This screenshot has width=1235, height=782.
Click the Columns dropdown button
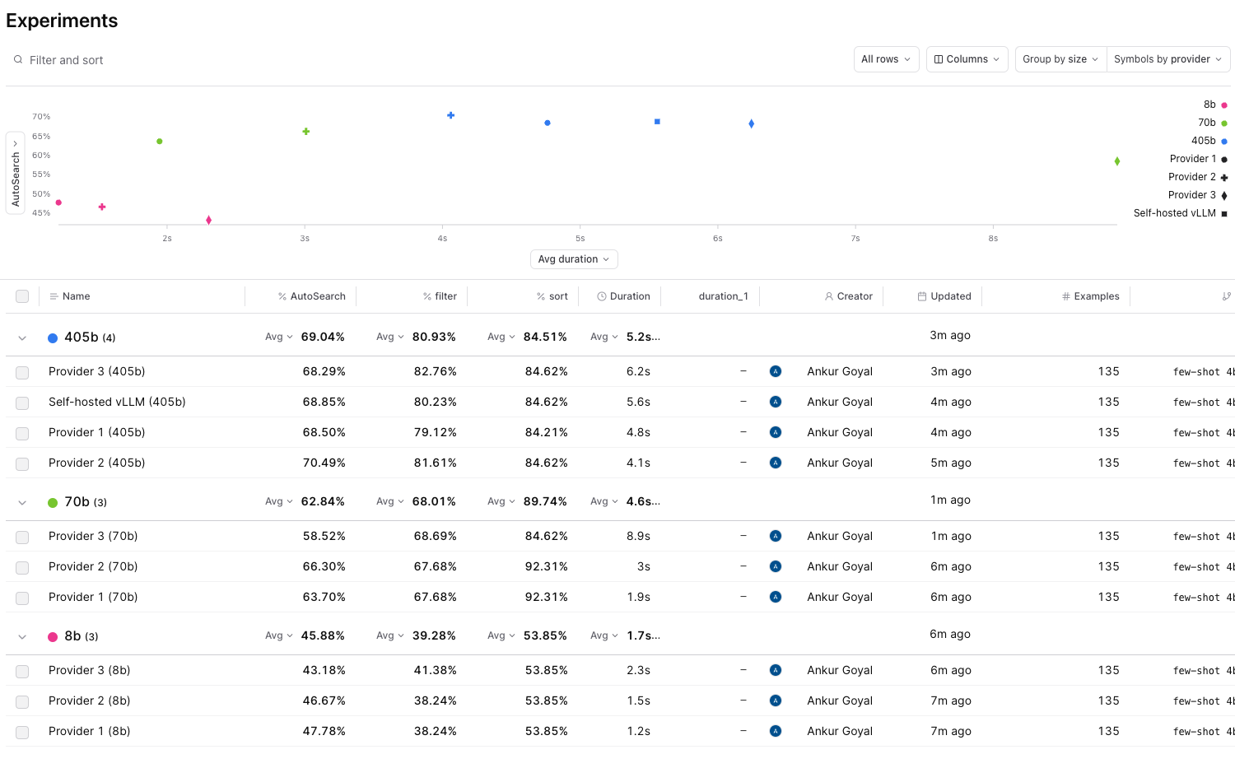(967, 59)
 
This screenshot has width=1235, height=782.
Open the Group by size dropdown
(1060, 59)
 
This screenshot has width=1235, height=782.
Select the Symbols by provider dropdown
(1167, 59)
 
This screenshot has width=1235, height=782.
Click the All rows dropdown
(886, 59)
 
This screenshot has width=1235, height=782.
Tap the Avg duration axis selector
(574, 259)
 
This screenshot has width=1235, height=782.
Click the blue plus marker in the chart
(450, 115)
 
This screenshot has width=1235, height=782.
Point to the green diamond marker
(1116, 161)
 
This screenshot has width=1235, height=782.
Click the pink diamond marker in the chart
(208, 220)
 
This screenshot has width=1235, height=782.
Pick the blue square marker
(657, 122)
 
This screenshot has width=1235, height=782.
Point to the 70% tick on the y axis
(41, 117)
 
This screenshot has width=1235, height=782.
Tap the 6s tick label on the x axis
(717, 239)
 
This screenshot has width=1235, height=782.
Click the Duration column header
(630, 296)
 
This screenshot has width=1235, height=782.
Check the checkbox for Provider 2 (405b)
(22, 463)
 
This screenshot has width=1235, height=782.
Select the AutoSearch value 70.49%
(324, 463)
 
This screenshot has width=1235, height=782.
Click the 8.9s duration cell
(638, 536)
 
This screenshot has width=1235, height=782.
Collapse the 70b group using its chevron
(22, 502)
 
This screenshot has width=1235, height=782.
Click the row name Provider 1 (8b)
(89, 731)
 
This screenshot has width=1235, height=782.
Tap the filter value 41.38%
(435, 670)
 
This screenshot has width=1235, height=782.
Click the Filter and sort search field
(66, 60)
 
